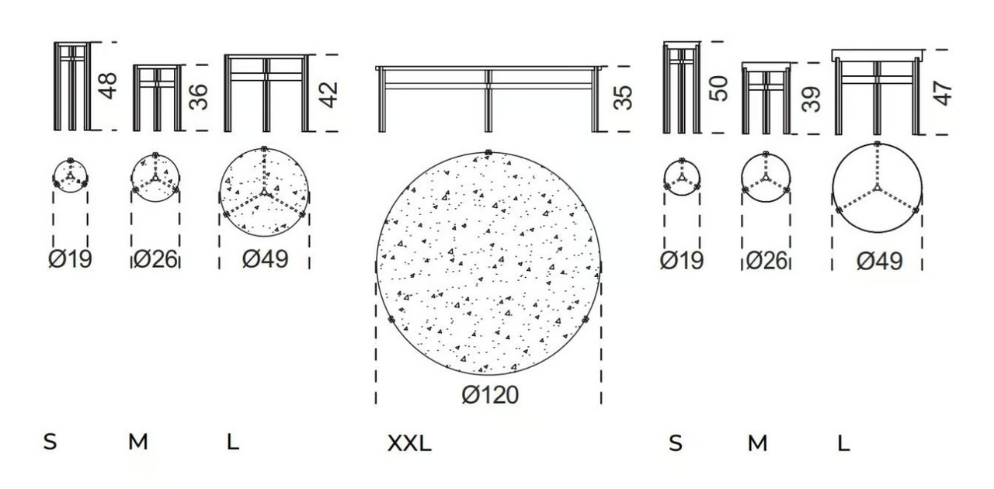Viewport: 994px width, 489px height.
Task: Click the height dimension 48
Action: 108,85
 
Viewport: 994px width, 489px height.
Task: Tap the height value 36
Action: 198,97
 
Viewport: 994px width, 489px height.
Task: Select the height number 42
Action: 328,95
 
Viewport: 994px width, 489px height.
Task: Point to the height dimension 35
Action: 623,97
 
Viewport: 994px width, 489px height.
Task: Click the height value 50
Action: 719,88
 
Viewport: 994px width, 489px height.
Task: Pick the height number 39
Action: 812,99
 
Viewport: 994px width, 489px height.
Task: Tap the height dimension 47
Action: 943,93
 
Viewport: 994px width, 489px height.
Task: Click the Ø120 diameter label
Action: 489,394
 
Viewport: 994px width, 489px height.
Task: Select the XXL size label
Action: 409,443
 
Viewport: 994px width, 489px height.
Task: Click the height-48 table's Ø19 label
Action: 70,258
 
